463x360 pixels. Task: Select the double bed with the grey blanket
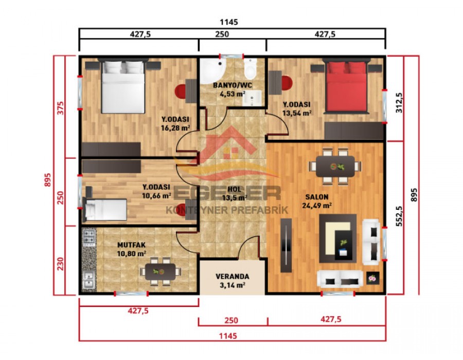[x=122, y=86]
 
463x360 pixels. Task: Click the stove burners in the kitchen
[x=88, y=237]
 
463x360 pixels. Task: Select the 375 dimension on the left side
[x=60, y=109]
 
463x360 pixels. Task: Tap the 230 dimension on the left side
[x=60, y=263]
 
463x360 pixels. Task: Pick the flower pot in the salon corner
[x=372, y=278]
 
